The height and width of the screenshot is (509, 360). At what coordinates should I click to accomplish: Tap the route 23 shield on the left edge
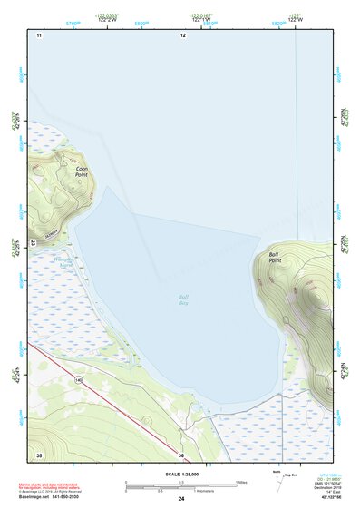point(32,243)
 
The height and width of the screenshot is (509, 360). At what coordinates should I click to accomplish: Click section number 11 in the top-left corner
point(39,34)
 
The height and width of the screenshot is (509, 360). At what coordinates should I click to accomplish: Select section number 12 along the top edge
point(182,34)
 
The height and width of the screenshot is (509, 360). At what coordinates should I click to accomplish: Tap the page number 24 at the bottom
point(181,498)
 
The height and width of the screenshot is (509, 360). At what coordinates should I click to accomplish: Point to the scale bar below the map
point(182,485)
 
